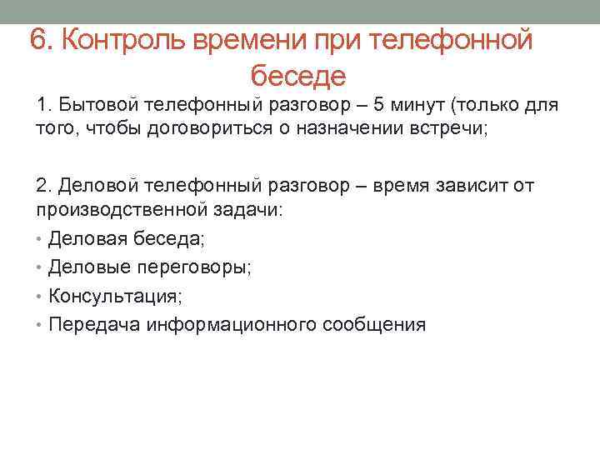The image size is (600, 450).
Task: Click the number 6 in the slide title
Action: [37, 38]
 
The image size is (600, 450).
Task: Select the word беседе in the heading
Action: [297, 77]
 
